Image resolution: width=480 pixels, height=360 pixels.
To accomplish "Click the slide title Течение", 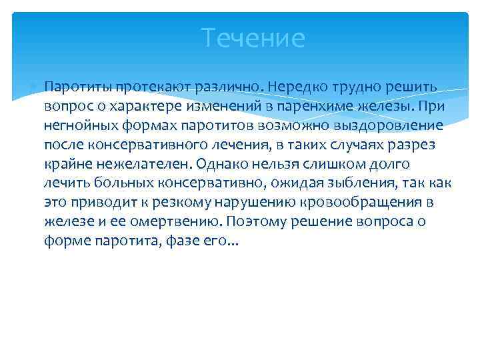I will [253, 38].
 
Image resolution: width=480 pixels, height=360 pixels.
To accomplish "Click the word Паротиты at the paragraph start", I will [76, 87].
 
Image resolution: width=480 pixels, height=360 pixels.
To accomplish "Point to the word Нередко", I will [296, 87].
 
